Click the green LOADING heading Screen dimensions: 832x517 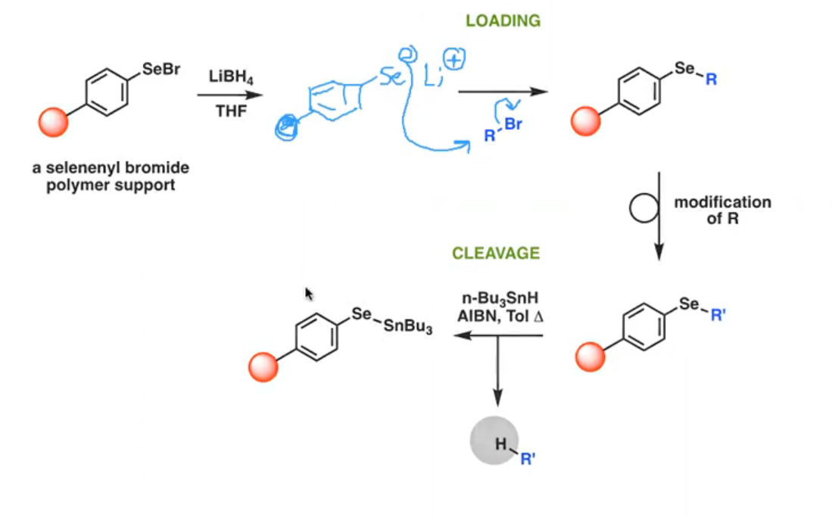coord(503,20)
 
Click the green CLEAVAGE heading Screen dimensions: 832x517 coord(496,253)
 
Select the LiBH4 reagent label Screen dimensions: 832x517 coord(231,77)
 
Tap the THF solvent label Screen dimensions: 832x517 coord(231,111)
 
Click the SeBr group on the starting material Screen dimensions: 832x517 coord(161,69)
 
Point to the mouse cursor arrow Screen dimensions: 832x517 coord(309,294)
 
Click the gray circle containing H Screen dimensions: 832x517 coord(494,441)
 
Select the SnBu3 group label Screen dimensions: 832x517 coord(407,326)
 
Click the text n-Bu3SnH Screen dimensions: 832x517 coord(500,298)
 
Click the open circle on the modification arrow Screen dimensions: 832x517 coord(644,207)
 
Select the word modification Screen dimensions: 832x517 coord(723,202)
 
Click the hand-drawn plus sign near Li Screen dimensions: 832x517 coord(454,60)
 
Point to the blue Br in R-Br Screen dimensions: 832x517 coord(513,124)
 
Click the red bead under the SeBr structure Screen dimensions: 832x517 coord(53,122)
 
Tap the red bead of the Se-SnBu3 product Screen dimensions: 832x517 coord(263,367)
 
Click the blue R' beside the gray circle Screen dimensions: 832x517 coord(528,459)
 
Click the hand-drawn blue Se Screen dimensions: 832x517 coord(392,77)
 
